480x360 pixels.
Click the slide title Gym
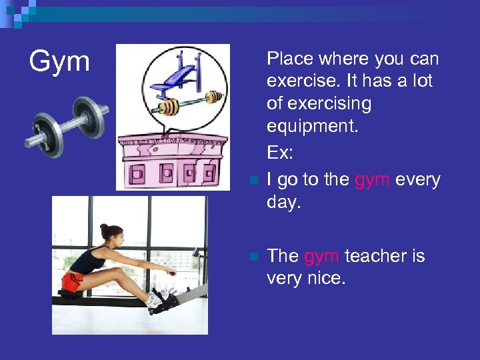tap(59, 62)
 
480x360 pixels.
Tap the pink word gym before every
tap(373, 180)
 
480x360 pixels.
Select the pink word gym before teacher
tap(322, 256)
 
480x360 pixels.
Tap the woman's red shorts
tap(73, 280)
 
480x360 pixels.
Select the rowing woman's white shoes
tap(159, 297)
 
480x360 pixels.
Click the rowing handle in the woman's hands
tap(171, 273)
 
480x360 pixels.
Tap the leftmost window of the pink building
tap(139, 175)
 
